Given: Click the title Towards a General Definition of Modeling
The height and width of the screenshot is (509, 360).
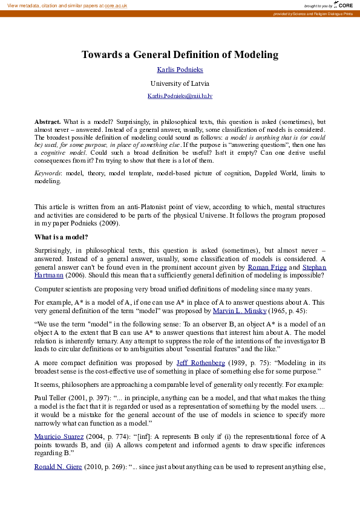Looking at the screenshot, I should [180, 55].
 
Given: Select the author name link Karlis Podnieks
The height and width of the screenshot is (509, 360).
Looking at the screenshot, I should [180, 70].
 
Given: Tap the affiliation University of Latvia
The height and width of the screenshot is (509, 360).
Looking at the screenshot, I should [180, 83].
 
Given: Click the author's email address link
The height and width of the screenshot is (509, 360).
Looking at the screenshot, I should [180, 96].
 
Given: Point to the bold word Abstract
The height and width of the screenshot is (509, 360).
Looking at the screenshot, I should [47, 122].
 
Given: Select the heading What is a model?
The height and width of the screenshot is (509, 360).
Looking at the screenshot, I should [62, 237].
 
